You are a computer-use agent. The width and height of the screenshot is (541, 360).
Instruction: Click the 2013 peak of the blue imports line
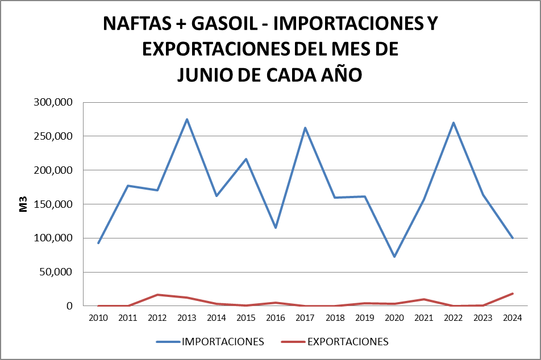point(187,119)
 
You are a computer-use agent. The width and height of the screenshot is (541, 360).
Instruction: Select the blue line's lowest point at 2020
point(394,257)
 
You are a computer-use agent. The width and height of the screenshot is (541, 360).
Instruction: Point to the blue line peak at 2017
point(305,128)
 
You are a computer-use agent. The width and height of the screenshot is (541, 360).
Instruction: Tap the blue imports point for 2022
point(453,123)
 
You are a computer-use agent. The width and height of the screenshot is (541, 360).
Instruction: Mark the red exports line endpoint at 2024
point(512,294)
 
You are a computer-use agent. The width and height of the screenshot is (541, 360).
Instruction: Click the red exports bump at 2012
point(157,295)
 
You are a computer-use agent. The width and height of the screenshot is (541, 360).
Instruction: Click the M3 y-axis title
point(23,204)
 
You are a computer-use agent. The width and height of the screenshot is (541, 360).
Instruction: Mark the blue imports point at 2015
point(246,159)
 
